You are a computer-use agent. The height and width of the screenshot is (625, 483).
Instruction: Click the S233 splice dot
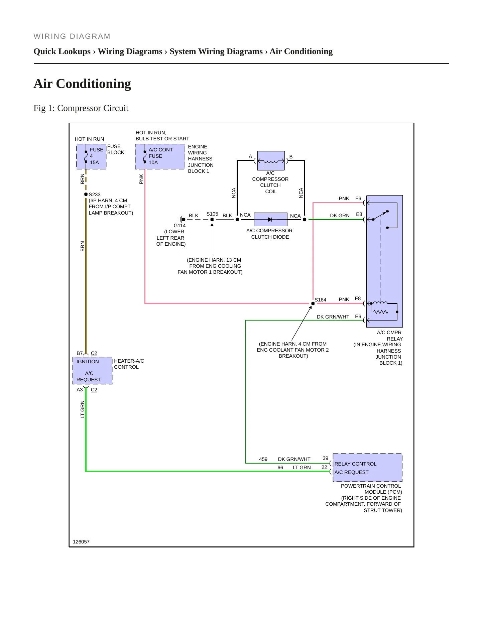click(x=86, y=194)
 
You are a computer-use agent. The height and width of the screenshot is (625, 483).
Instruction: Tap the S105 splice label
click(x=212, y=214)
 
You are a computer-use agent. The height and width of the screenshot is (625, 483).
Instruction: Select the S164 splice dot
click(x=313, y=303)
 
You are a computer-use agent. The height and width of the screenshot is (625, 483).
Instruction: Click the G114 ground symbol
click(x=182, y=220)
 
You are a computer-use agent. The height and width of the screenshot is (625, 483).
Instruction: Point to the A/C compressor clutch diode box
click(x=271, y=220)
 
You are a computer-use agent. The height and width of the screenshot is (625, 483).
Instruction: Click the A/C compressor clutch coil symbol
click(x=271, y=161)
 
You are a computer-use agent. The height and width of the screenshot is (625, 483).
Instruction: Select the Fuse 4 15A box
click(x=91, y=156)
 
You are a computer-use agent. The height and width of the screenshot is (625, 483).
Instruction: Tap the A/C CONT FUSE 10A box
click(x=160, y=156)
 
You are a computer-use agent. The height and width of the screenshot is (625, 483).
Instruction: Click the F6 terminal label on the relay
click(x=358, y=199)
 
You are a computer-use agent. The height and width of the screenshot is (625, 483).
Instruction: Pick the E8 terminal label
click(x=359, y=214)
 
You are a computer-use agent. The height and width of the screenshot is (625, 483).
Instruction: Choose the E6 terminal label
click(x=358, y=317)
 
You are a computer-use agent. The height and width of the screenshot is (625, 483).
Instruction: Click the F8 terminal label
click(x=358, y=298)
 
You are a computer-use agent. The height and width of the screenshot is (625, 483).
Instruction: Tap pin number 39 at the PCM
click(x=326, y=458)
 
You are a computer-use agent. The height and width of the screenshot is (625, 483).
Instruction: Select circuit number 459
click(x=263, y=459)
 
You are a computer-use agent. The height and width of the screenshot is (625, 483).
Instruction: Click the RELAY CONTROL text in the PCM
click(x=355, y=464)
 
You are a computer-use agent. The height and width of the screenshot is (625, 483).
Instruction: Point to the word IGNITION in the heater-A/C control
click(x=88, y=362)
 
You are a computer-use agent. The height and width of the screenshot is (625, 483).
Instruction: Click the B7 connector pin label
click(x=80, y=353)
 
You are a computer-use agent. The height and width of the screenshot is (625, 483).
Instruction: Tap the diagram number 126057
click(x=81, y=542)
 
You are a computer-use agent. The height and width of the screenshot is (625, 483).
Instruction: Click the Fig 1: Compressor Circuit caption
click(x=81, y=108)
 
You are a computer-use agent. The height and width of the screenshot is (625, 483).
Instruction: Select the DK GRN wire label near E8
click(x=340, y=216)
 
